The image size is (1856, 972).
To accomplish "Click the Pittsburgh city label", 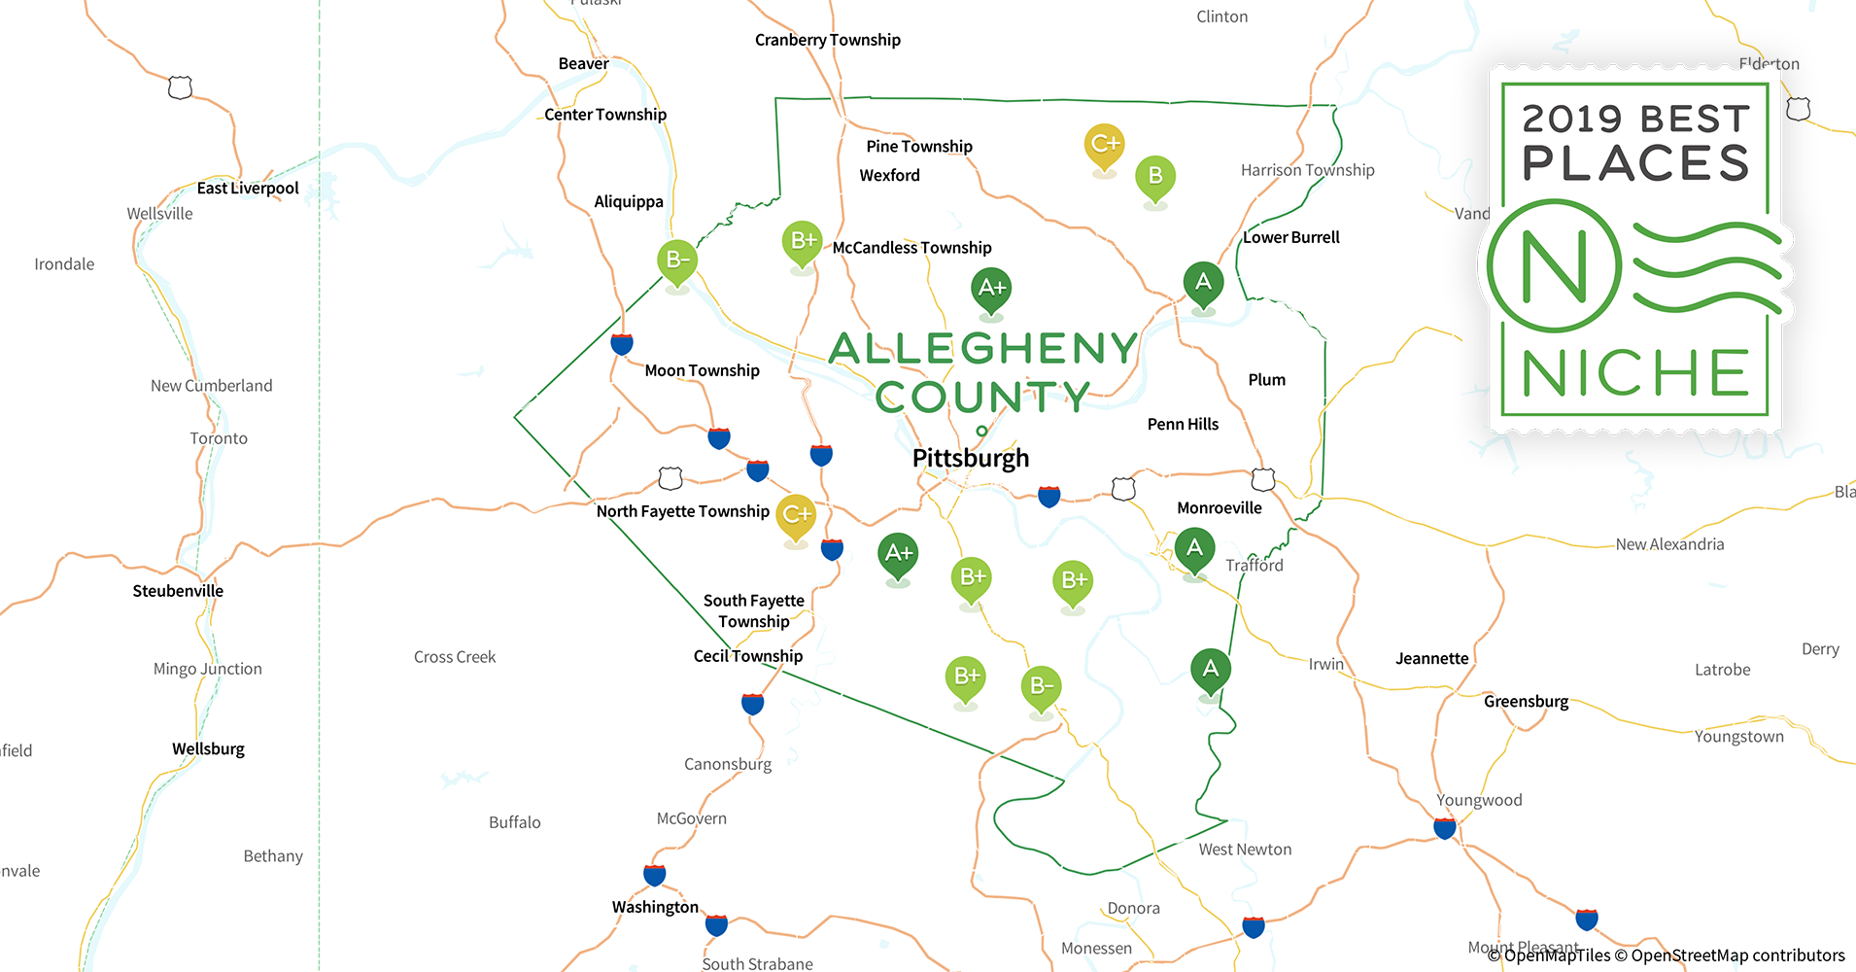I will [x=970, y=458].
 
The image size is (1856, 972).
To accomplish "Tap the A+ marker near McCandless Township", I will [x=991, y=289].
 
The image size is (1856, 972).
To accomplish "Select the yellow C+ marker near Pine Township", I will [x=1104, y=145].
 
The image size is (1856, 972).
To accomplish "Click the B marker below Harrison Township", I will [x=1155, y=177].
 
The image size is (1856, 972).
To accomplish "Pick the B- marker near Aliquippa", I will [x=677, y=260].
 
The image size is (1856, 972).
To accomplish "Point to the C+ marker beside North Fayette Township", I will [x=796, y=514].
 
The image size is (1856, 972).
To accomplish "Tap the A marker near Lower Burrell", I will [x=1203, y=283].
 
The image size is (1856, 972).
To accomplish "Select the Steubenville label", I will [x=178, y=591].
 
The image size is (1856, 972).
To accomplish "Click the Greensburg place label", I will [x=1526, y=702].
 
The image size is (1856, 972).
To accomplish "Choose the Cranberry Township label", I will [x=827, y=40].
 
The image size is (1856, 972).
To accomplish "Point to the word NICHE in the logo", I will [x=1635, y=373].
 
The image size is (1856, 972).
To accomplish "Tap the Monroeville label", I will [x=1219, y=508].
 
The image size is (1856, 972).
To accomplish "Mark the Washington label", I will [x=655, y=907].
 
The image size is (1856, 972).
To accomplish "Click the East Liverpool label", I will [x=248, y=189].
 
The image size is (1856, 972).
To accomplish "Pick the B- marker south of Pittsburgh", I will [x=1041, y=686].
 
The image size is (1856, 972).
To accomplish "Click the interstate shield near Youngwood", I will [x=1445, y=828].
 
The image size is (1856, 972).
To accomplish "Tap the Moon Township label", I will [x=702, y=370].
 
